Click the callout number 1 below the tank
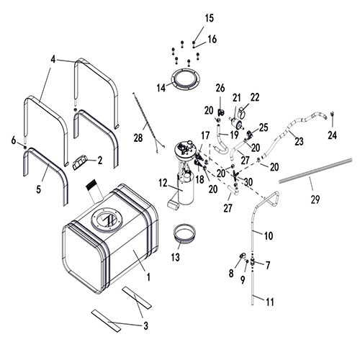[x=148, y=277]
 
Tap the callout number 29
[x=315, y=199]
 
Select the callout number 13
[x=176, y=257]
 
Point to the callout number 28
[x=138, y=138]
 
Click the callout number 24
[x=333, y=135]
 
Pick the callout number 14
[x=161, y=88]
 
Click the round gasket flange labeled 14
[x=186, y=78]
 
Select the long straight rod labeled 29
[x=315, y=171]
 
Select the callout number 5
[x=39, y=189]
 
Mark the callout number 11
[x=270, y=302]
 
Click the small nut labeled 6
[x=25, y=147]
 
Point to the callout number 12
[x=163, y=184]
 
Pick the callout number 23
[x=299, y=141]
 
